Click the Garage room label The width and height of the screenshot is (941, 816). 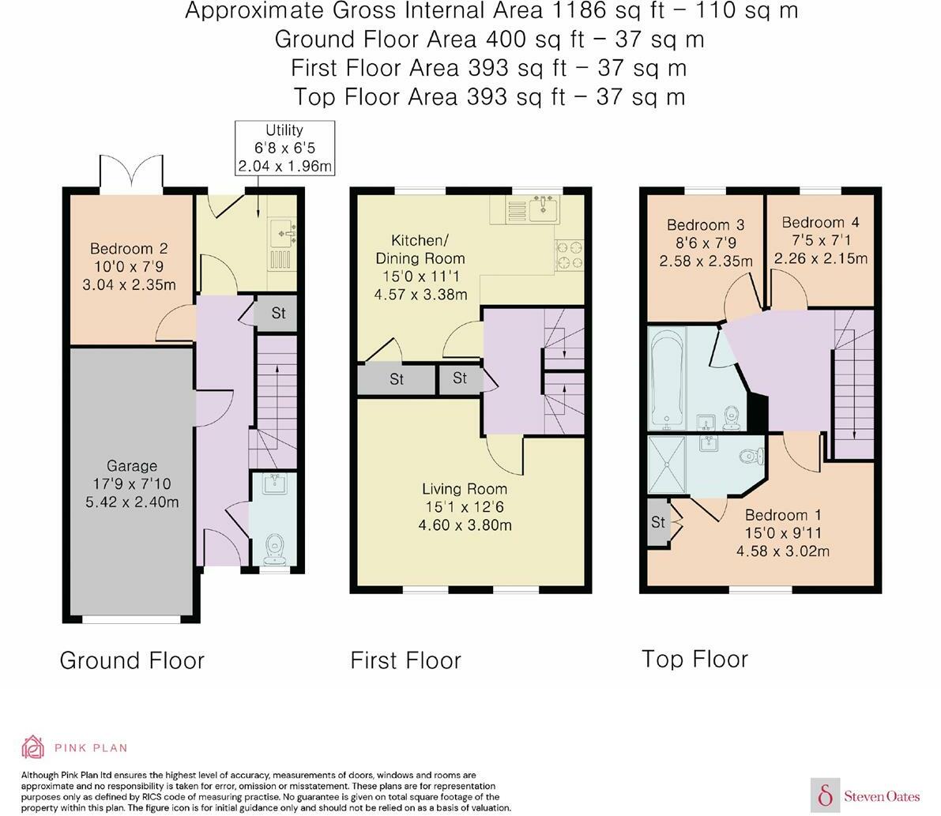click(x=132, y=483)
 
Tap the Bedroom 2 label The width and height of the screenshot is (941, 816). click(x=129, y=266)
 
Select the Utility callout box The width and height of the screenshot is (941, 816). click(x=284, y=149)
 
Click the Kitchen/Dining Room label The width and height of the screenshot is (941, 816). click(x=420, y=267)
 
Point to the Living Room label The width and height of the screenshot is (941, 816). click(x=465, y=507)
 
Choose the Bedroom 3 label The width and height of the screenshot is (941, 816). click(x=706, y=243)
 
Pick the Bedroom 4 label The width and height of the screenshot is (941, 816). click(x=820, y=240)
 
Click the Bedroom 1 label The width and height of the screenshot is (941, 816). click(x=783, y=532)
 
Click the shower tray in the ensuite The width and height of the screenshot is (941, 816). click(x=667, y=465)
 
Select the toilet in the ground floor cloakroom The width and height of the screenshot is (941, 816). click(x=275, y=548)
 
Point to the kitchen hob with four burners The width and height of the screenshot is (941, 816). click(x=569, y=255)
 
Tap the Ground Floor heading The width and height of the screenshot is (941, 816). click(x=132, y=660)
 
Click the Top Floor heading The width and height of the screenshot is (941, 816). click(x=695, y=660)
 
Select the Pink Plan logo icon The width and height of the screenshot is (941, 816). click(x=33, y=747)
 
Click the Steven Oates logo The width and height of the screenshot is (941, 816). click(x=865, y=795)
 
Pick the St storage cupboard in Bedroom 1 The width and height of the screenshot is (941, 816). click(x=658, y=522)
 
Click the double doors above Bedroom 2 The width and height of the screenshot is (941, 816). click(x=131, y=174)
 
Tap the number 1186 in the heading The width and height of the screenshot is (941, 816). click(x=581, y=10)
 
